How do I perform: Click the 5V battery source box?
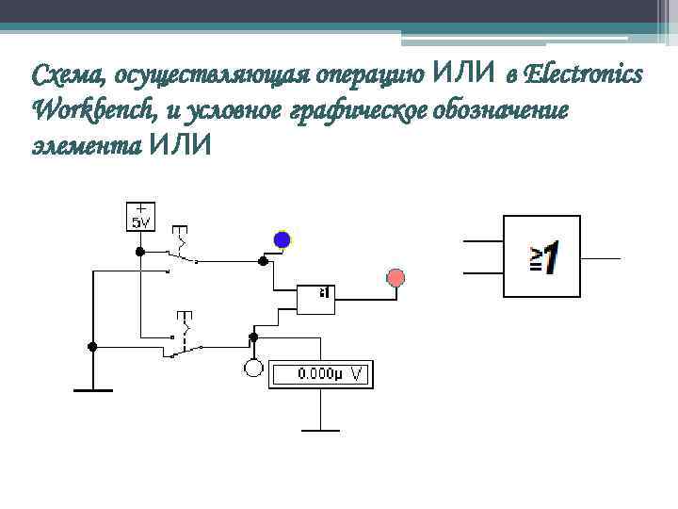pyautogui.click(x=140, y=216)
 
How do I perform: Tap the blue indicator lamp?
pyautogui.click(x=282, y=240)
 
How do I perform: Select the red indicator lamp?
pyautogui.click(x=396, y=277)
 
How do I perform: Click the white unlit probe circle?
pyautogui.click(x=253, y=368)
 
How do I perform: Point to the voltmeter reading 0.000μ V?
pyautogui.click(x=321, y=374)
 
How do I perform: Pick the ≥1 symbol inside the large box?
pyautogui.click(x=543, y=256)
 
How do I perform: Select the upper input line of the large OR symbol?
pyautogui.click(x=483, y=239)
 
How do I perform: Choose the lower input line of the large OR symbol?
pyautogui.click(x=483, y=274)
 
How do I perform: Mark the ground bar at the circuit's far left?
pyautogui.click(x=92, y=388)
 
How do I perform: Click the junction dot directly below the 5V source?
pyautogui.click(x=139, y=253)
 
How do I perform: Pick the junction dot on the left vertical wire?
pyautogui.click(x=91, y=347)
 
